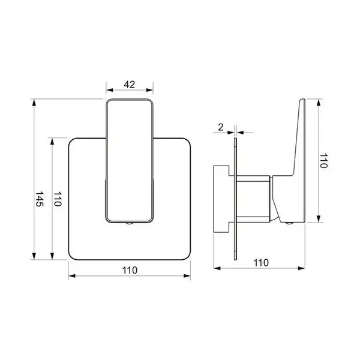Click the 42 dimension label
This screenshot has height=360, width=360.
[129, 85]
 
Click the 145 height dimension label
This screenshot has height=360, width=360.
[39, 199]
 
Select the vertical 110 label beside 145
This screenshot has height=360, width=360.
[58, 199]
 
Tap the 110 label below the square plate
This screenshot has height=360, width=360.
[130, 270]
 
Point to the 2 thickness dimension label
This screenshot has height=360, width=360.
[221, 127]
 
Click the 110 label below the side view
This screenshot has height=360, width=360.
[261, 263]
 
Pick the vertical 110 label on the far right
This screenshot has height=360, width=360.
[324, 161]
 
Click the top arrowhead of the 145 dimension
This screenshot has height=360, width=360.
[34, 103]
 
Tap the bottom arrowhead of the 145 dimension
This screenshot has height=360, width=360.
[34, 256]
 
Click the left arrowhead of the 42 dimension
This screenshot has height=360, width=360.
[110, 90]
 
